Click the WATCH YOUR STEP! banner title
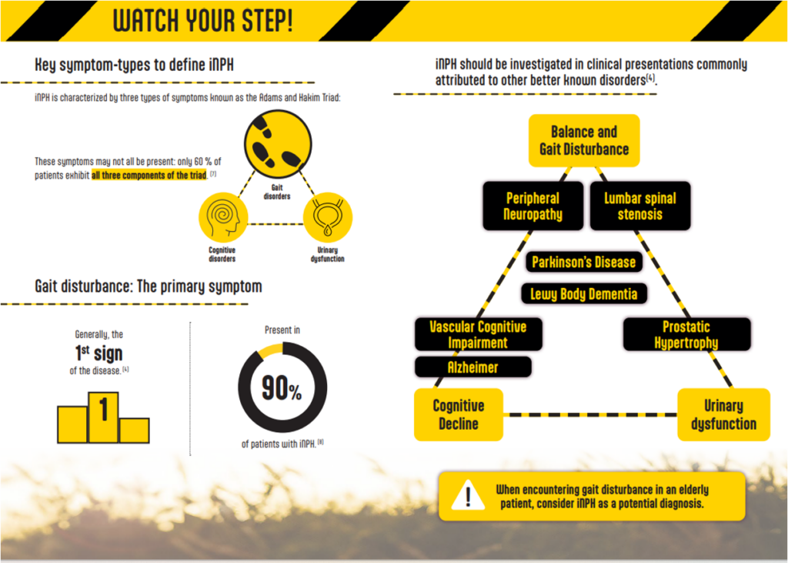pyautogui.click(x=202, y=21)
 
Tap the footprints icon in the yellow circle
pyautogui.click(x=278, y=144)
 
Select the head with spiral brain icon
pyautogui.click(x=223, y=217)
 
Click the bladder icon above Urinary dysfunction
pyautogui.click(x=328, y=217)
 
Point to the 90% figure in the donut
pyautogui.click(x=282, y=388)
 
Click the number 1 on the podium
pyautogui.click(x=104, y=409)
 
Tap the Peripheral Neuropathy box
pyautogui.click(x=533, y=206)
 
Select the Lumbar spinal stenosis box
pyautogui.click(x=639, y=206)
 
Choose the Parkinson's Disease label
pyautogui.click(x=583, y=262)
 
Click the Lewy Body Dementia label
pyautogui.click(x=583, y=294)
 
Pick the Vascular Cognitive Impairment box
pyautogui.click(x=478, y=334)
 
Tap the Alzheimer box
pyautogui.click(x=473, y=367)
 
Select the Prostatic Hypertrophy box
pyautogui.click(x=686, y=334)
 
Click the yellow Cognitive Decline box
pyautogui.click(x=459, y=414)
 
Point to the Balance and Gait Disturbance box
pyautogui.click(x=584, y=140)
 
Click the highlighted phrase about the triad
pyautogui.click(x=149, y=175)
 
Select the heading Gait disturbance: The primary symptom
pyautogui.click(x=149, y=287)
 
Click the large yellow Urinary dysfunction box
pyautogui.click(x=723, y=414)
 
